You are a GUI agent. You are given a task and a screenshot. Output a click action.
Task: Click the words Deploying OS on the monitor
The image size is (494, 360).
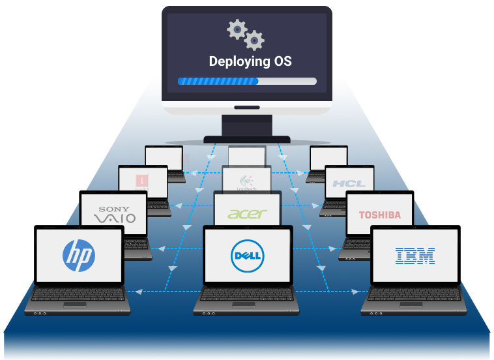pyautogui.click(x=250, y=62)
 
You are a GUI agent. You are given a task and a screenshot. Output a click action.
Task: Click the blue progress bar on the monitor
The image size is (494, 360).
pyautogui.click(x=218, y=82)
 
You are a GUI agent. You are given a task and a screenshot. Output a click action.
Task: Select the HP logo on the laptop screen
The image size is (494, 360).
pyautogui.click(x=79, y=254)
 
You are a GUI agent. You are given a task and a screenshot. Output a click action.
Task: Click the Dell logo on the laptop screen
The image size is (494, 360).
pyautogui.click(x=246, y=255)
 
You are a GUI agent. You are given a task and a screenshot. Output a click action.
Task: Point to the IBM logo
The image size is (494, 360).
pyautogui.click(x=415, y=255)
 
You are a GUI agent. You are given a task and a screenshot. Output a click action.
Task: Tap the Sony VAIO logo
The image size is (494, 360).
pyautogui.click(x=114, y=215)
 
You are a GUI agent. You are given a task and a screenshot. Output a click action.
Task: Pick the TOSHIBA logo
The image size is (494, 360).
pyautogui.click(x=379, y=215)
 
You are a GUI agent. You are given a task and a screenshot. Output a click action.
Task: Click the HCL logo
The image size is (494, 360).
pyautogui.click(x=349, y=183)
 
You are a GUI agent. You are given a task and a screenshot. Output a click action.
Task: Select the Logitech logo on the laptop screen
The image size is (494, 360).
pyautogui.click(x=247, y=183)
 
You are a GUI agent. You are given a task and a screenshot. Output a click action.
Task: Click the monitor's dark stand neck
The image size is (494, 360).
pyautogui.click(x=247, y=125)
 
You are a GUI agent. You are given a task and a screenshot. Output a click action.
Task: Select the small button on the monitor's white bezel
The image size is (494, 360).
pyautogui.click(x=247, y=108)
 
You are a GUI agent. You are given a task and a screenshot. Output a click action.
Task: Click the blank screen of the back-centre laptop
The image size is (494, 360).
pyautogui.click(x=247, y=156)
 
